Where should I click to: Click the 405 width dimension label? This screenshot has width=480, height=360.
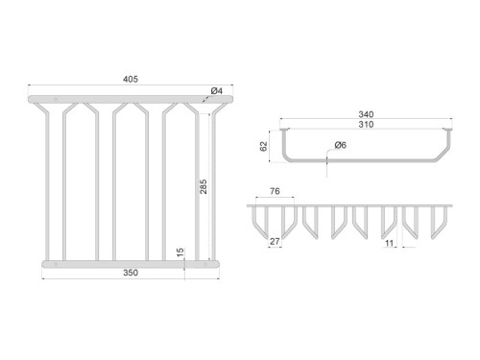131,79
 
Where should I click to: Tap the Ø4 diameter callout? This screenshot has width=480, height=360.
217,91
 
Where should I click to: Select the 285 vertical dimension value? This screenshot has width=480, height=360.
204,186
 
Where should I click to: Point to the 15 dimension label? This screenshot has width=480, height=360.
180,252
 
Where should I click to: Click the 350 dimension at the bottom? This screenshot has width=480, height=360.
131,273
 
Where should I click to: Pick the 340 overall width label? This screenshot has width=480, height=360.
366,114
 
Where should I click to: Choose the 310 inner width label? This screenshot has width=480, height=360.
366,124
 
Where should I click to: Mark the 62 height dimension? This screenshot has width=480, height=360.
263,147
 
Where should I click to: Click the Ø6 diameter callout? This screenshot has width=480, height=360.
341,145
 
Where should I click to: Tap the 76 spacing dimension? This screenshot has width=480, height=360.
275,191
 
